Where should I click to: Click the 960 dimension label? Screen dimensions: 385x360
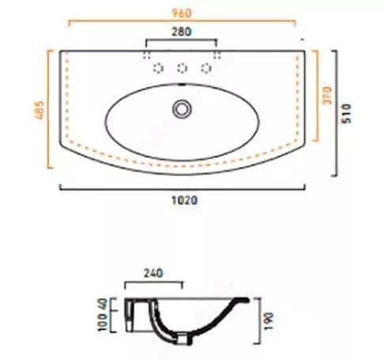click(x=181, y=13)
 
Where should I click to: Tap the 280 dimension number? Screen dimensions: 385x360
click(x=181, y=32)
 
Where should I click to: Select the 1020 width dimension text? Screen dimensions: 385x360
click(x=184, y=200)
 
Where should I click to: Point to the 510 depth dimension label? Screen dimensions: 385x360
click(x=346, y=113)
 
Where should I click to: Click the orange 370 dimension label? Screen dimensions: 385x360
click(x=327, y=96)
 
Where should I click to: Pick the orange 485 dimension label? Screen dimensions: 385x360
click(x=40, y=110)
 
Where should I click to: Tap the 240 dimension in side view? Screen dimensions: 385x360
click(x=153, y=273)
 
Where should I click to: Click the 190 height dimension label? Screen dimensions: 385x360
click(x=269, y=321)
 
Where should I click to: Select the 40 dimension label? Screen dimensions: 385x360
click(x=102, y=304)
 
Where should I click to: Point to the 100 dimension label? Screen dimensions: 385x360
click(x=102, y=322)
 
